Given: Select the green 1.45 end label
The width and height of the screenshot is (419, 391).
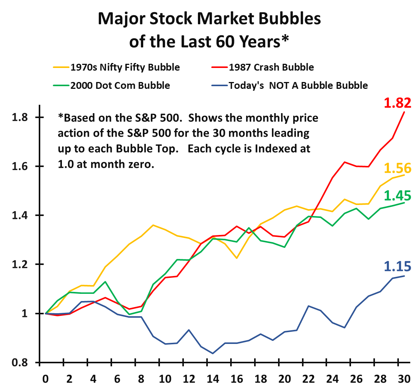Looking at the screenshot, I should point(397,195).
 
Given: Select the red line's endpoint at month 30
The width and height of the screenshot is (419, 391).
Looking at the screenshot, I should point(404,112).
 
